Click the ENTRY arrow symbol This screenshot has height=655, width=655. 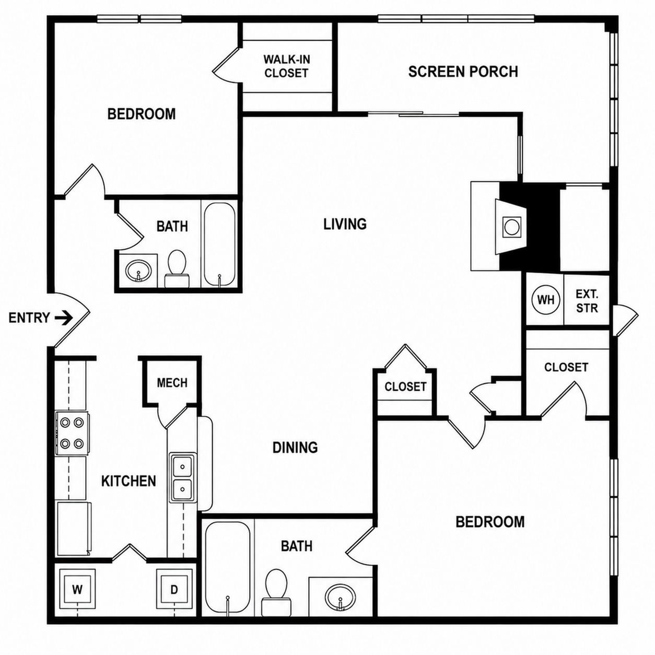64,318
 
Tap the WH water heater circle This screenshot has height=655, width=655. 545,300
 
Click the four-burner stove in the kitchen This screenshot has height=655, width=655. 72,432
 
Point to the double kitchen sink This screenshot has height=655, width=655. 183,478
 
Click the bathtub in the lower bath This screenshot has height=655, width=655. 228,569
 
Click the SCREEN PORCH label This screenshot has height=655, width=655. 463,72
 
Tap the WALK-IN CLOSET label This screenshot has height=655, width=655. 287,66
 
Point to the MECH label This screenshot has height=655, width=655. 172,383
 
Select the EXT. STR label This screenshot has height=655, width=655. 587,300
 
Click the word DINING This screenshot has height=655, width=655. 295,448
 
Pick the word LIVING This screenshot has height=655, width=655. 345,224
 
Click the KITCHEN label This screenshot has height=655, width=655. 128,481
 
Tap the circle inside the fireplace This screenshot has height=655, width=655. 510,227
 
